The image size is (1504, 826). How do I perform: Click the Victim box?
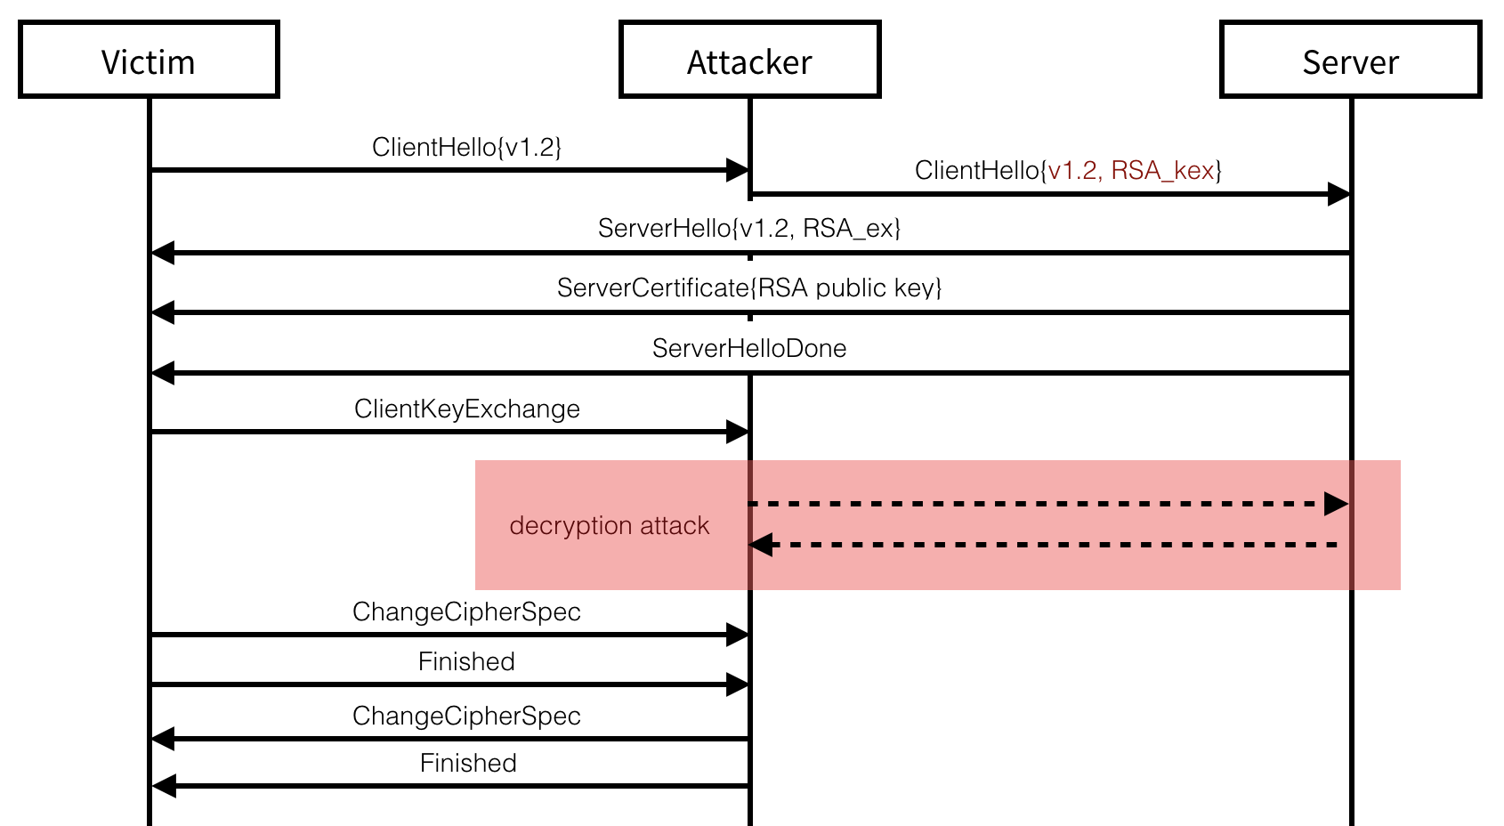pyautogui.click(x=149, y=61)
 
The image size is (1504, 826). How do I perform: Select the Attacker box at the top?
pyautogui.click(x=749, y=61)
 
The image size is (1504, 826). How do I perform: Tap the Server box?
pyautogui.click(x=1350, y=61)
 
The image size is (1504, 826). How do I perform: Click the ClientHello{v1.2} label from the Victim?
pyautogui.click(x=466, y=147)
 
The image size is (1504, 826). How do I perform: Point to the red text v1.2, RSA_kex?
pyautogui.click(x=1131, y=170)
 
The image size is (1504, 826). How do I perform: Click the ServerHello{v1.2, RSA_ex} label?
pyautogui.click(x=749, y=229)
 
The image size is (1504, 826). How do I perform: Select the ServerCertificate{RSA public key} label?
pyautogui.click(x=749, y=288)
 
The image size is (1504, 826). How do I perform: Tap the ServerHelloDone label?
pyautogui.click(x=749, y=348)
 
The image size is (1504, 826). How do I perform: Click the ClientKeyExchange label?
pyautogui.click(x=466, y=409)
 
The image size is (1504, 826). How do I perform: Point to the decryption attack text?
pyautogui.click(x=610, y=526)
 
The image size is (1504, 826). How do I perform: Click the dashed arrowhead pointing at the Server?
pyautogui.click(x=1336, y=504)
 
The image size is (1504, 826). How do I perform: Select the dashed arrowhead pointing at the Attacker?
pyautogui.click(x=762, y=545)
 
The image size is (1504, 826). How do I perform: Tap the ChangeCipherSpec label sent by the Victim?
pyautogui.click(x=466, y=611)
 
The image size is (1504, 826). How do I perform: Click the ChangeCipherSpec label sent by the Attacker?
pyautogui.click(x=466, y=716)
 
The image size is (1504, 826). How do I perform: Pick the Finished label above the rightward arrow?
pyautogui.click(x=466, y=661)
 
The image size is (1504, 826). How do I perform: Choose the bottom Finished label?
pyautogui.click(x=468, y=763)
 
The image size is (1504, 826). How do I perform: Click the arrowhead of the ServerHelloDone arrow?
pyautogui.click(x=163, y=373)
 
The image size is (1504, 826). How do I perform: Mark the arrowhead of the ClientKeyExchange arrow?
pyautogui.click(x=737, y=433)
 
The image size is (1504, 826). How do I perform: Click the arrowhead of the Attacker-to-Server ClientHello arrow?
pyautogui.click(x=1338, y=194)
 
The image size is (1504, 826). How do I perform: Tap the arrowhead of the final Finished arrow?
pyautogui.click(x=163, y=786)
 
